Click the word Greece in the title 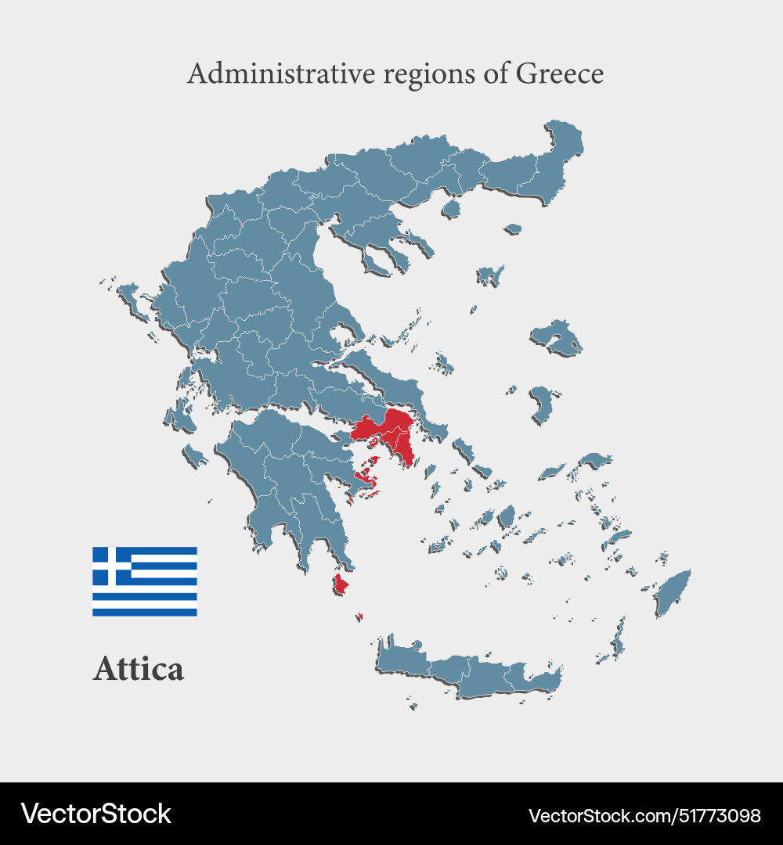pos(559,74)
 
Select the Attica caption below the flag pos(139,669)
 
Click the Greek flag pos(145,581)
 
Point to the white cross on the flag pos(111,566)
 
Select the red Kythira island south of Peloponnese pos(340,584)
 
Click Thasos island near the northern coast pos(450,208)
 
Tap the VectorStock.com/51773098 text pos(644,815)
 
